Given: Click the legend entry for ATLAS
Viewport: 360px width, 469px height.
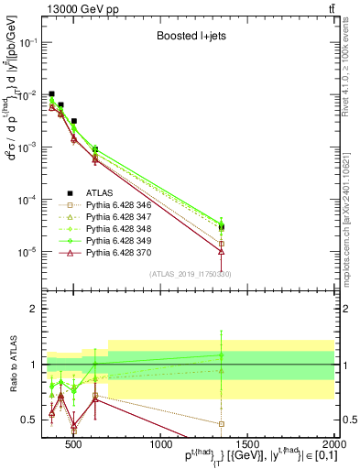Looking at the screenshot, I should click(100, 193).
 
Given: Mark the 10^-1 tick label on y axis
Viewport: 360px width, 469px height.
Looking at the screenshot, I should click(27, 43).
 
